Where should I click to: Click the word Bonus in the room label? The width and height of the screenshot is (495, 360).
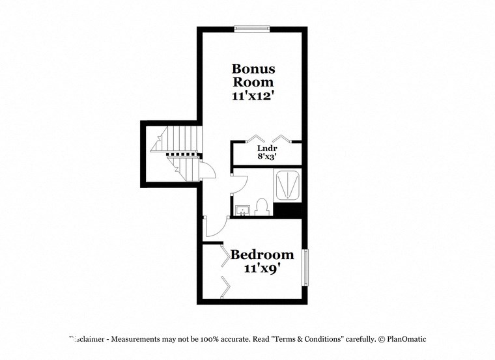coord(253,69)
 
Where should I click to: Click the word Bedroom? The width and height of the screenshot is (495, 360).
coord(262,255)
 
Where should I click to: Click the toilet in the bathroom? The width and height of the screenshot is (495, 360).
coord(262,207)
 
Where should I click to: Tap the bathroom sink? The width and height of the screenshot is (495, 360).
coord(241,210)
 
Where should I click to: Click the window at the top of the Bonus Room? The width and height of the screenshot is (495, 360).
coord(252,28)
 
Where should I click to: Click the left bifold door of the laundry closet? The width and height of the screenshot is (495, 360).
coord(254,138)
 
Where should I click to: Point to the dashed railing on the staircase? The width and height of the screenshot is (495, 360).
coord(182,155)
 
